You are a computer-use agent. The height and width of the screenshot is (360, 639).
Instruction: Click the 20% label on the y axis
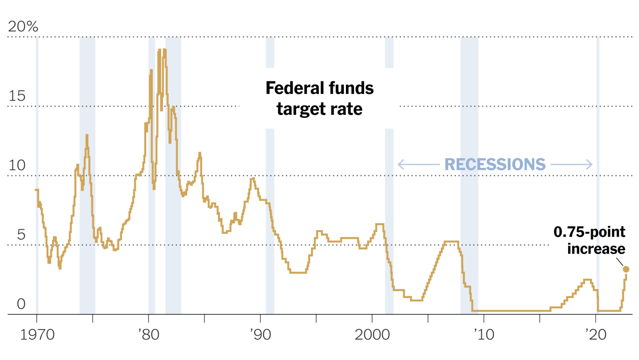click(23, 27)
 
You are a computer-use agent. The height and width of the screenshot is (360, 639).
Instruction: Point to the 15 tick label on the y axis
click(17, 96)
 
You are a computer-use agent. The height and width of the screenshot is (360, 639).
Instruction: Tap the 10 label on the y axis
click(17, 165)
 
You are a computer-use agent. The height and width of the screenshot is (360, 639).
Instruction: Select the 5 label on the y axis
click(21, 235)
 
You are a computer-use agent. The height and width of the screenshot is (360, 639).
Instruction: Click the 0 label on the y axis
click(21, 304)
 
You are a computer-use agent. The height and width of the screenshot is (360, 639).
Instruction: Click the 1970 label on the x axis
click(37, 335)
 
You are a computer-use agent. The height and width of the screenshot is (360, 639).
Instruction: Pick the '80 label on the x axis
click(148, 335)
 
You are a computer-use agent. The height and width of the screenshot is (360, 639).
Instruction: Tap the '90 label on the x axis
click(260, 335)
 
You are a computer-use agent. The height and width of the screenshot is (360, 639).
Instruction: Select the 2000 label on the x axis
click(372, 335)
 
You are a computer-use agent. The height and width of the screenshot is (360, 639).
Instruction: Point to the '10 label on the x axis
click(484, 335)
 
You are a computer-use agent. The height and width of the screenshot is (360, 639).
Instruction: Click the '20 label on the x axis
click(596, 335)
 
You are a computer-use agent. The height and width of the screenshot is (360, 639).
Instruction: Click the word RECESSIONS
click(495, 165)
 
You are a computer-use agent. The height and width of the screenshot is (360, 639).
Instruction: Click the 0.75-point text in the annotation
click(590, 232)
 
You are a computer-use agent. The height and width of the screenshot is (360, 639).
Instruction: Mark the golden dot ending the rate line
click(626, 269)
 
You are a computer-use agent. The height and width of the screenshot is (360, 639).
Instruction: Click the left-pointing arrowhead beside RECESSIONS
click(401, 165)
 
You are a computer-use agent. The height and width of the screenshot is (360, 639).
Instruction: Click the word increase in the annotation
click(596, 249)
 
